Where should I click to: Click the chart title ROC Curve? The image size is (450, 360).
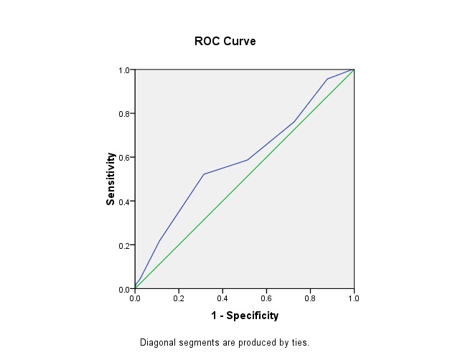(225, 41)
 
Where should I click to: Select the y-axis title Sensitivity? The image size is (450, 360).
(111, 179)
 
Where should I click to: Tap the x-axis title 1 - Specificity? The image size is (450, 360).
(244, 316)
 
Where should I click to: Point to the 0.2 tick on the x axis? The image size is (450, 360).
(179, 298)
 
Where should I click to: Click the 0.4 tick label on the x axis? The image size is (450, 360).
(222, 298)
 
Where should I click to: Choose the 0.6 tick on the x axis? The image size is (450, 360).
(266, 298)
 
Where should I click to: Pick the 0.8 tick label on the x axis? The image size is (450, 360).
(310, 298)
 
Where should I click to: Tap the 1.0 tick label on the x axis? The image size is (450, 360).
(354, 298)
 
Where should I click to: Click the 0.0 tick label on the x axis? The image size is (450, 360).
(135, 298)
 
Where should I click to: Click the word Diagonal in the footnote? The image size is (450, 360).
(157, 343)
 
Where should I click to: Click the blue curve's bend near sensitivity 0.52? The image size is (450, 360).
(204, 174)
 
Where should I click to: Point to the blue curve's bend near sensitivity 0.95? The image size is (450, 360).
(327, 79)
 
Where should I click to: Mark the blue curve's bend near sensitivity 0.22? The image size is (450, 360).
(159, 241)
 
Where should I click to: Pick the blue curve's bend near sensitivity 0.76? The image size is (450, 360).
(294, 122)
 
